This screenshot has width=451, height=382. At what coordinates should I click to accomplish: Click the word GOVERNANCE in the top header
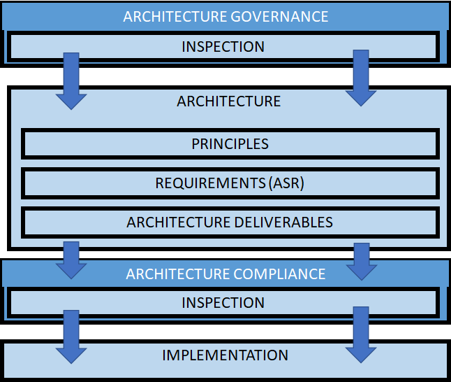tap(279, 16)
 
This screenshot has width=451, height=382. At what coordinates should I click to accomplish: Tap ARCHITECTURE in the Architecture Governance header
tap(175, 16)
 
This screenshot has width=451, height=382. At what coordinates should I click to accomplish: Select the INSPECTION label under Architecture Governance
tap(223, 47)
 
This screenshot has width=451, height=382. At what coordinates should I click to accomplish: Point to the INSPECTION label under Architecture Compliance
tap(223, 303)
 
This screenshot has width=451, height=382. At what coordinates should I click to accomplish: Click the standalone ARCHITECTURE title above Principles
tap(229, 101)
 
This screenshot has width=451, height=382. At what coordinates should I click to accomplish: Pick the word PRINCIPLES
tap(230, 144)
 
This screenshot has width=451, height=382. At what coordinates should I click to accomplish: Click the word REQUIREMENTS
tap(210, 183)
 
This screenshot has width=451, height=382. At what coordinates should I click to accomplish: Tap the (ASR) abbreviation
tap(286, 183)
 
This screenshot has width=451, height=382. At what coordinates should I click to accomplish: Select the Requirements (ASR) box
tap(230, 183)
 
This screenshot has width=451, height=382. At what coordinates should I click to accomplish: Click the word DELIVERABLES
tap(283, 222)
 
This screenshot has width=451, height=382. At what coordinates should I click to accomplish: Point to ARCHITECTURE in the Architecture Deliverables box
tap(179, 222)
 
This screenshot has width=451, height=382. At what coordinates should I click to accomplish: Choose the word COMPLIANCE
tap(279, 274)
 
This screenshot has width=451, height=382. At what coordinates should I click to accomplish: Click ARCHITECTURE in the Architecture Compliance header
tap(178, 274)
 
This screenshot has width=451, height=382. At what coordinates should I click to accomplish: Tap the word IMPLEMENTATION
tap(225, 355)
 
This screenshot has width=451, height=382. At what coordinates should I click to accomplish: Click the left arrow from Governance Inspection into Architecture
tap(71, 81)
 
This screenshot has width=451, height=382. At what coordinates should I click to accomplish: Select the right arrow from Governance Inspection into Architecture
tap(361, 78)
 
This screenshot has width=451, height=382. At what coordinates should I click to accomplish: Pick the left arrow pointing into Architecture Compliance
tap(71, 260)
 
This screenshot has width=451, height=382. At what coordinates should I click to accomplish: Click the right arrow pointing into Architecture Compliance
tap(362, 262)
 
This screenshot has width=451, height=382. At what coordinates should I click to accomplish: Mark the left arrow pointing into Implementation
tap(71, 337)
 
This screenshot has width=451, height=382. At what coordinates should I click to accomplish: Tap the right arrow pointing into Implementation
tap(361, 334)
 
